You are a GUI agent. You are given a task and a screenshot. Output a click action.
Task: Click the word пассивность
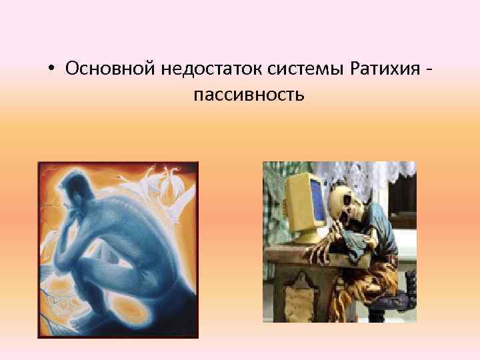(x=249, y=95)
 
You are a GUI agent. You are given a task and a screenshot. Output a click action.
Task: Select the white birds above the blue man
(x=160, y=183)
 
